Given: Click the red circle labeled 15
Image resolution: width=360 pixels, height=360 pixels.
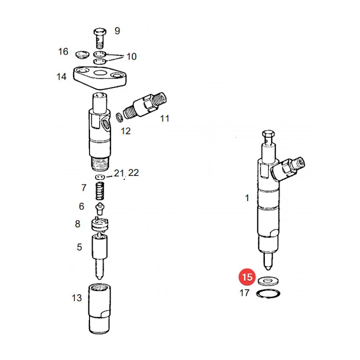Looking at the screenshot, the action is (x=247, y=277).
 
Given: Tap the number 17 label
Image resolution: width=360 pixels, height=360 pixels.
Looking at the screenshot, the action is (x=244, y=293).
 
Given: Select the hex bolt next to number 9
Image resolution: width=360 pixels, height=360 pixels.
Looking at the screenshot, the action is (x=100, y=38).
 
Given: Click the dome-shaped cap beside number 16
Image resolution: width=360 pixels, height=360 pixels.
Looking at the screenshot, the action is (x=82, y=55).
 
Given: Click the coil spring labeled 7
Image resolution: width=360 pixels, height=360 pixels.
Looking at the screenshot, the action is (x=100, y=191).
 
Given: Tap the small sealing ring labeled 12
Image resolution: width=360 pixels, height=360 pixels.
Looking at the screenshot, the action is (x=119, y=117).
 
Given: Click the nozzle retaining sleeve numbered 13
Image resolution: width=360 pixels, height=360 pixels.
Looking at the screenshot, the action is (x=99, y=309).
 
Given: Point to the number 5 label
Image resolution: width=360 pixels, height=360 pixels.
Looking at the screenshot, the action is (x=79, y=247).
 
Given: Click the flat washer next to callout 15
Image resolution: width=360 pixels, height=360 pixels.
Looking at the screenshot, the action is (x=268, y=281).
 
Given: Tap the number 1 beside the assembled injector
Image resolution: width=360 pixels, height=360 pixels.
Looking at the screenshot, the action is (x=247, y=198).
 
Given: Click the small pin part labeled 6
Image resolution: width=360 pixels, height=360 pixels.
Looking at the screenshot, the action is (x=100, y=209).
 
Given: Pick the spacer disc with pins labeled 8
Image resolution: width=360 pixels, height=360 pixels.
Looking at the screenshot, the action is (x=100, y=224).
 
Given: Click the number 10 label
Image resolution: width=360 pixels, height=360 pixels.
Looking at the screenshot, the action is (x=132, y=57).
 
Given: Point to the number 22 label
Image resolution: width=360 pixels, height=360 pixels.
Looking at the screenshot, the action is (x=133, y=173).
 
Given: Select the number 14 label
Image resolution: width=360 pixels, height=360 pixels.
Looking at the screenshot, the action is (x=62, y=77).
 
